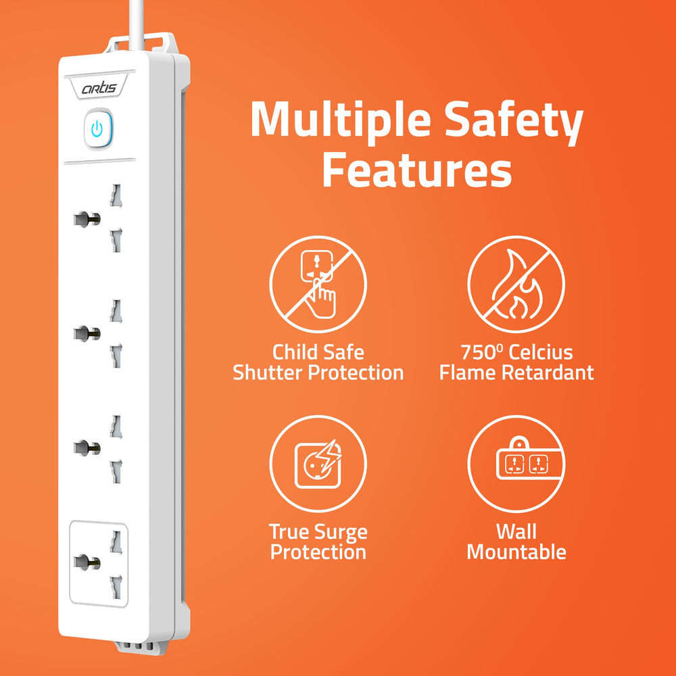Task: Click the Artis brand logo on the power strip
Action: point(99,88)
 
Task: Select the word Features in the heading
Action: point(416,172)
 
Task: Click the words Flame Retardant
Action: point(516,372)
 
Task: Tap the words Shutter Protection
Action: point(318,372)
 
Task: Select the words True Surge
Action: point(318,532)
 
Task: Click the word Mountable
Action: point(516,552)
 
